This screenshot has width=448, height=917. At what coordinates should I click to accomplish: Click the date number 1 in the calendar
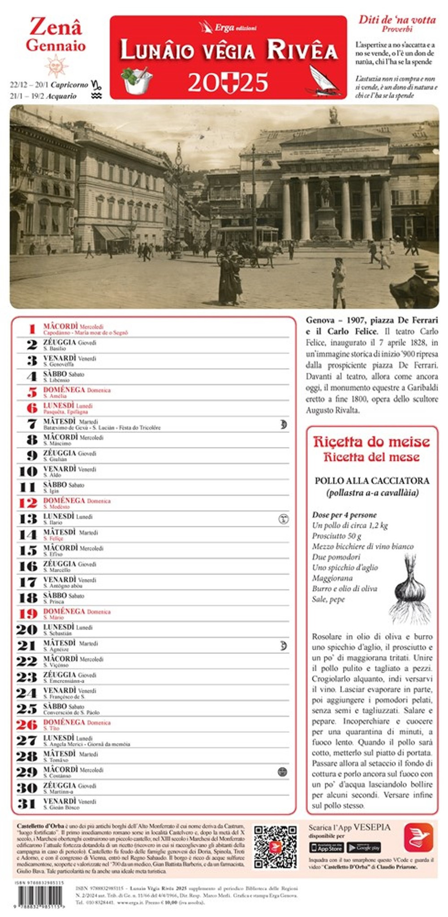point(31,329)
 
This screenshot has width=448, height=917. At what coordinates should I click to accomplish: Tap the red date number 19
point(28,614)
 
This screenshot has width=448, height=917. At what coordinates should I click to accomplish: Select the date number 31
point(26,804)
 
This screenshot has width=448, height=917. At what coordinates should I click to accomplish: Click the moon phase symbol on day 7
point(283,424)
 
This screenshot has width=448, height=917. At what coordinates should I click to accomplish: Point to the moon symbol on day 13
point(283,519)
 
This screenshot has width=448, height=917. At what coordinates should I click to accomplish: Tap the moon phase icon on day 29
point(282,772)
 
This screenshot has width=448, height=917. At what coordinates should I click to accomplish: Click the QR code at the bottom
point(275,847)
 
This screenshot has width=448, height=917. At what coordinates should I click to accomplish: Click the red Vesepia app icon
point(418,838)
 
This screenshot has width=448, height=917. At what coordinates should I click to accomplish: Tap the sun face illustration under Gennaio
point(56,65)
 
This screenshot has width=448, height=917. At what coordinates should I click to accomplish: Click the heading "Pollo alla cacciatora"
point(372,481)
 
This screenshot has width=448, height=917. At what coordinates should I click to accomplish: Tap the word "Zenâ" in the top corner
point(56,28)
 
